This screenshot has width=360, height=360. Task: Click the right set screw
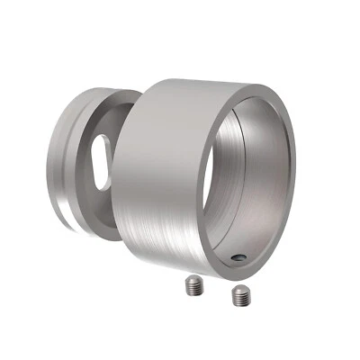click(240, 294)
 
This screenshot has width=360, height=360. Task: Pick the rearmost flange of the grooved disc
click(61, 162)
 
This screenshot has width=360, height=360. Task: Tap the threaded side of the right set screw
click(240, 299)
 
